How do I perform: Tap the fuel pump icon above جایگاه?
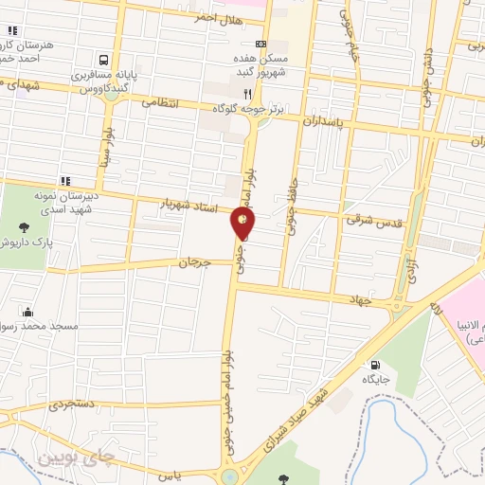[376, 365]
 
